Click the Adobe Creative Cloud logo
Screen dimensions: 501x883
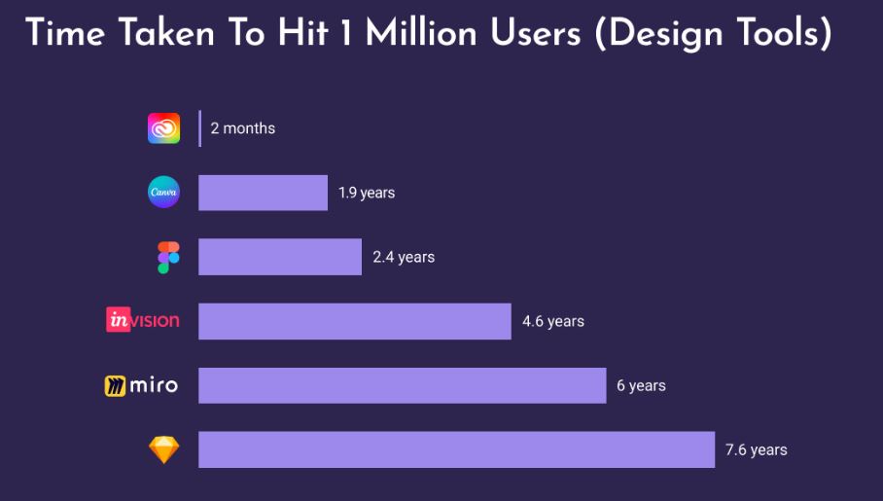tap(163, 128)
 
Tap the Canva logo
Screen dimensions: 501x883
tap(163, 193)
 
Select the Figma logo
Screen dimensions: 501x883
tap(168, 258)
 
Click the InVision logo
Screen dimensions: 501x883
tap(143, 319)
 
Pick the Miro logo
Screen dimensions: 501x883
tap(141, 385)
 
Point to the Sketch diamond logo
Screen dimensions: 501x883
tap(163, 449)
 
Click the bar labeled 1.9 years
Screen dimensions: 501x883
tap(263, 193)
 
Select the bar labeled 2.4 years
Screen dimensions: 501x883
tap(280, 257)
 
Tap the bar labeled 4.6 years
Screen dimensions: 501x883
tap(354, 321)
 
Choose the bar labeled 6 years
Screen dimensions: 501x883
tap(402, 385)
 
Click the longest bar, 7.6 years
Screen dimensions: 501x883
tap(456, 449)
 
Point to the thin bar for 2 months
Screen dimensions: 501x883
tap(199, 128)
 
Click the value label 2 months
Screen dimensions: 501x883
tap(242, 128)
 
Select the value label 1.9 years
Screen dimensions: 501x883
tap(367, 193)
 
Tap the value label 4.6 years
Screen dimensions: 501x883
tap(552, 321)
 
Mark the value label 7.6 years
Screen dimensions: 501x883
tap(756, 449)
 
